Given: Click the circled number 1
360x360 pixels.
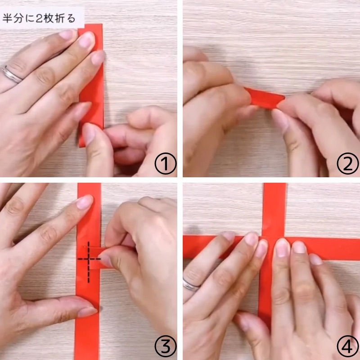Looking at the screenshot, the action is [x=166, y=163].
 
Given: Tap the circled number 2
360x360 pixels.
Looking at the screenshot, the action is [x=347, y=163].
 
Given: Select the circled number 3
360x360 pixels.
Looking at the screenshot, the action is [x=166, y=346].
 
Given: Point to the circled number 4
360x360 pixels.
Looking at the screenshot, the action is [x=347, y=346].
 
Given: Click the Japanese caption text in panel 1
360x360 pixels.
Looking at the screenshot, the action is [x=39, y=18].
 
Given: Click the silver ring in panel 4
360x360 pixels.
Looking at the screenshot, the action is [x=191, y=285].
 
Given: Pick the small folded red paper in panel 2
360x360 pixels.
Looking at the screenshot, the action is [x=265, y=98].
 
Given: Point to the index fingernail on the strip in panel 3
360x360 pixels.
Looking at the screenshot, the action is [x=85, y=202].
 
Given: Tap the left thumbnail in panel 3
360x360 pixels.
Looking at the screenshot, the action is [x=87, y=312].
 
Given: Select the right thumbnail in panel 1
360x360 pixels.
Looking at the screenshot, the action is [x=89, y=134].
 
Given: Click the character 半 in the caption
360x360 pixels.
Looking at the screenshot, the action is [x=7, y=18].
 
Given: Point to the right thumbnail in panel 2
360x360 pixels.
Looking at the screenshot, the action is [x=279, y=119].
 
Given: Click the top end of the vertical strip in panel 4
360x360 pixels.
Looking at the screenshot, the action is [x=275, y=184].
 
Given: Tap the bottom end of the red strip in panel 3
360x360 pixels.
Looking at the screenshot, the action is [x=87, y=359].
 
